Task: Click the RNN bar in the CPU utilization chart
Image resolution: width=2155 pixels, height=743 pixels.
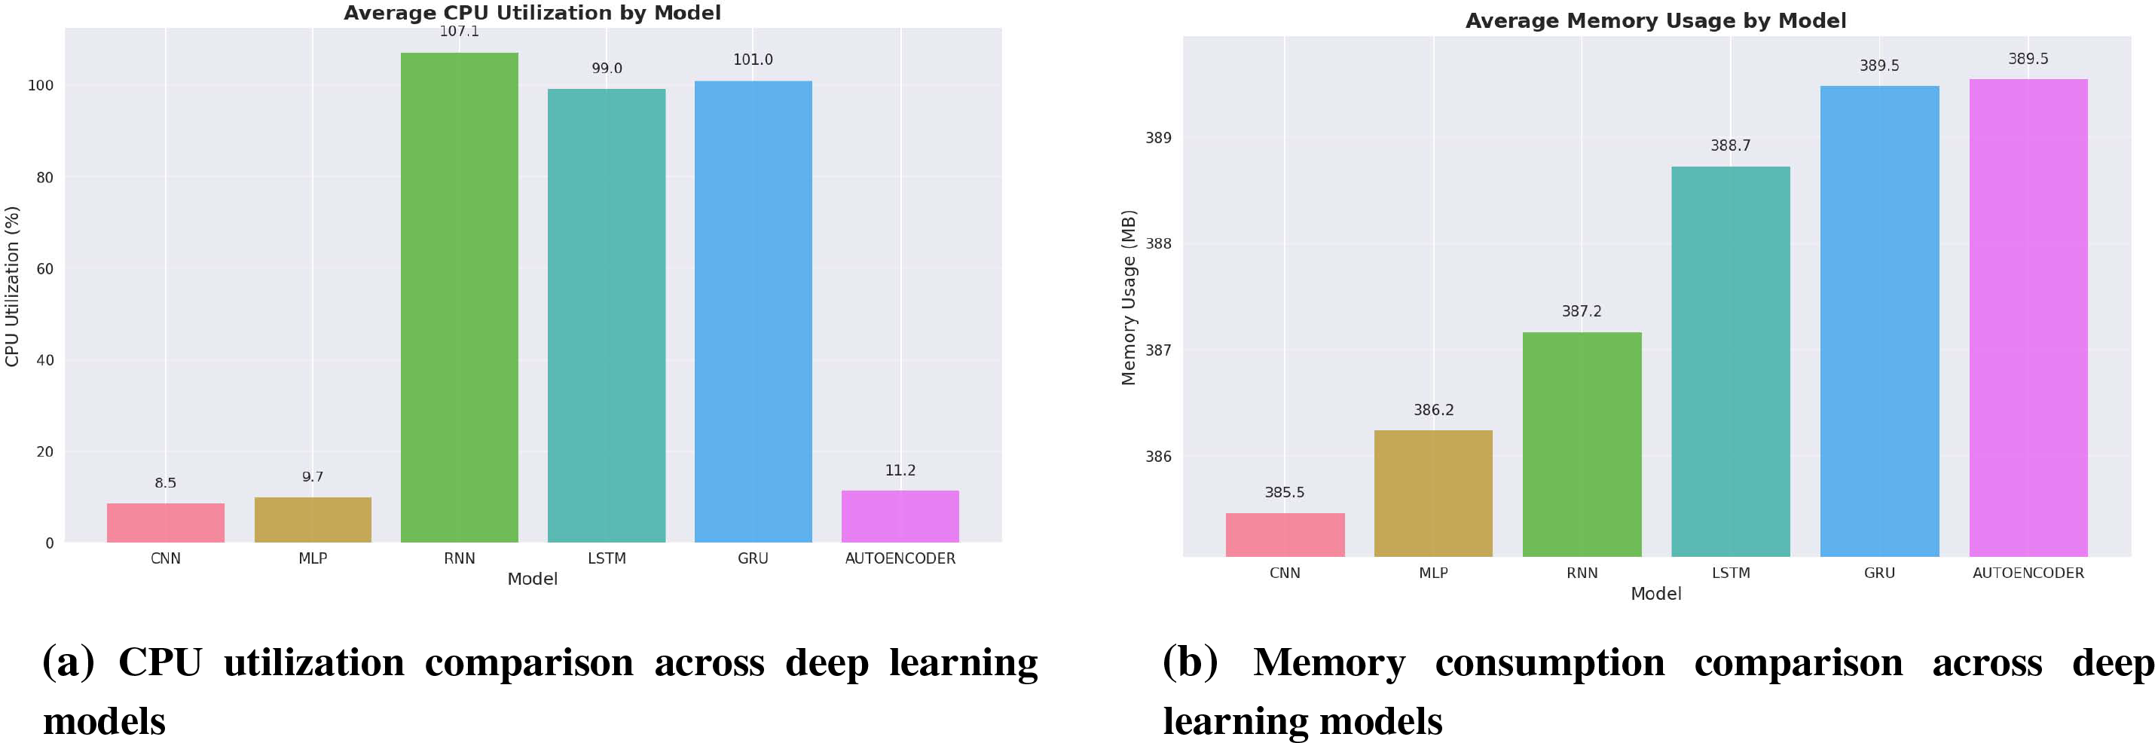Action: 460,297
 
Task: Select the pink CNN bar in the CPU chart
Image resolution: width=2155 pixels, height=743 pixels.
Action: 166,523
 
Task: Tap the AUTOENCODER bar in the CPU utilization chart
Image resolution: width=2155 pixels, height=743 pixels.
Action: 900,516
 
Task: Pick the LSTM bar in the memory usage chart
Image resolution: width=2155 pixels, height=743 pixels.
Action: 1730,362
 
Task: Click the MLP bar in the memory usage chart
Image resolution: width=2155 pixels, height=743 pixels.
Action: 1433,493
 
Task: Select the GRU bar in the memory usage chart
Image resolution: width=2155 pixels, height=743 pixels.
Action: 1879,321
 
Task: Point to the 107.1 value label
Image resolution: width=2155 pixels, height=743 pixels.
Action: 460,32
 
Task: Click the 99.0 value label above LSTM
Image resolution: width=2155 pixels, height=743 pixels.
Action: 607,69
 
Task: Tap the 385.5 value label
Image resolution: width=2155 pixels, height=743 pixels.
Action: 1284,493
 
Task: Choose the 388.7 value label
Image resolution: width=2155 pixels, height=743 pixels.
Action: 1730,145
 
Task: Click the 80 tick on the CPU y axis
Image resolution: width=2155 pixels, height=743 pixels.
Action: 44,177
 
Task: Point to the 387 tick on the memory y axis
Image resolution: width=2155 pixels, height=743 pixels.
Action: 1159,350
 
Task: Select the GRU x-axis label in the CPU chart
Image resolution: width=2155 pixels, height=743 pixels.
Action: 753,558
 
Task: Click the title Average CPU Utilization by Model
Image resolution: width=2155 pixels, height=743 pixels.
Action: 532,14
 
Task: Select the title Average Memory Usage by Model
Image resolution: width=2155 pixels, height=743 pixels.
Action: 1655,21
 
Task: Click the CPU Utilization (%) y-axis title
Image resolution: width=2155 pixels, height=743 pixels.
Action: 12,286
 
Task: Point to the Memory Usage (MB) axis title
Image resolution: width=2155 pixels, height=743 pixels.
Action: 1129,297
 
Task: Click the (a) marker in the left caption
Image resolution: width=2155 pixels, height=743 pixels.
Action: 69,662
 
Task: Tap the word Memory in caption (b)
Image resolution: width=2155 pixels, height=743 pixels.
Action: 1329,662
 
